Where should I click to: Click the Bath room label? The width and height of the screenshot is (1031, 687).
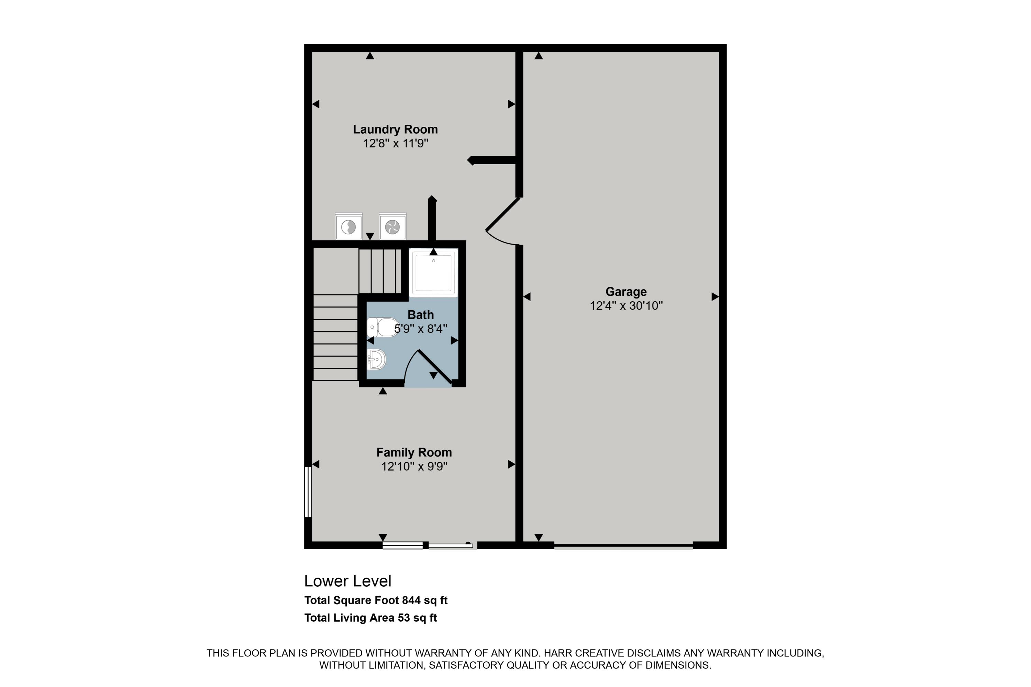click(420, 315)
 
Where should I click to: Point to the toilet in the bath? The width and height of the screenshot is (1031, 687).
click(383, 327)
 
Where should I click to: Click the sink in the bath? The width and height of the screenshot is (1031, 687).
click(376, 360)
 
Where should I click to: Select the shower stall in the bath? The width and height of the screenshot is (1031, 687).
click(433, 272)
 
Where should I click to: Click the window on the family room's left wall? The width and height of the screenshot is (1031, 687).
click(308, 492)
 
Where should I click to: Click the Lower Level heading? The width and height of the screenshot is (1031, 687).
click(347, 581)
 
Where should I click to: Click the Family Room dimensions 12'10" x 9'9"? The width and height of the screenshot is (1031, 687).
click(414, 466)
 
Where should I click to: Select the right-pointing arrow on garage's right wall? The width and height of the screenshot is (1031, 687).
click(714, 297)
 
